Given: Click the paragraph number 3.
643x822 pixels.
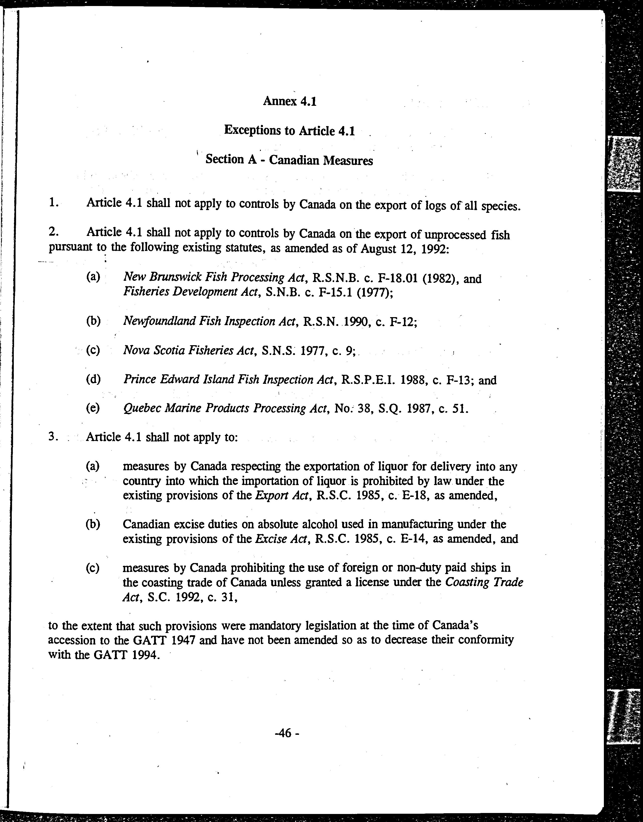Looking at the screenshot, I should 52,437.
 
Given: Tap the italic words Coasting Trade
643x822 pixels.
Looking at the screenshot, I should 484,583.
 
